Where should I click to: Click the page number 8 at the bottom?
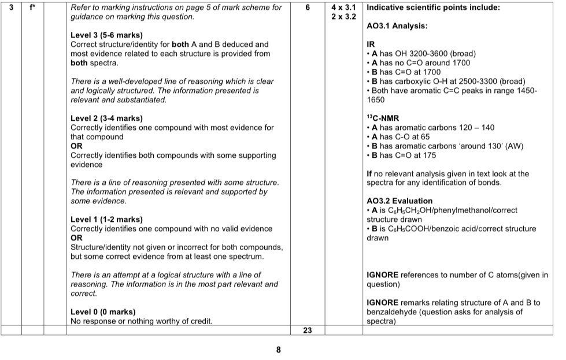278,350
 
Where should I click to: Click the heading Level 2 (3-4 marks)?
106,118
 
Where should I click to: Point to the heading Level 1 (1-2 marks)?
106,220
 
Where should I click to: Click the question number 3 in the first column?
9,8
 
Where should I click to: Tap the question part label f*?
33,8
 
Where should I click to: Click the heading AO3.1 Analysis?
397,26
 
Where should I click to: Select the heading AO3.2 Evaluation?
399,201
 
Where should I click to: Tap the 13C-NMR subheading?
383,118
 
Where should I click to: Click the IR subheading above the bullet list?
371,44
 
